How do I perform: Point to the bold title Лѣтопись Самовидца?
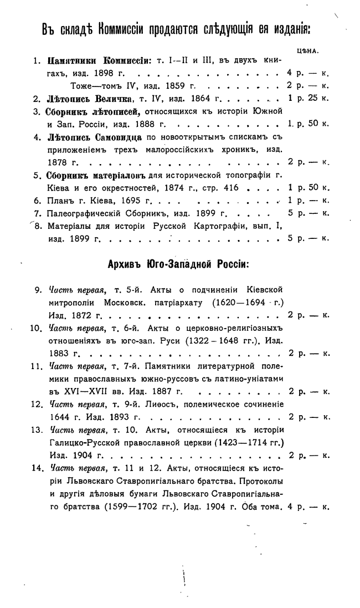pyautogui.click(x=95, y=137)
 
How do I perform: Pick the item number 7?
pyautogui.click(x=37, y=213)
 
